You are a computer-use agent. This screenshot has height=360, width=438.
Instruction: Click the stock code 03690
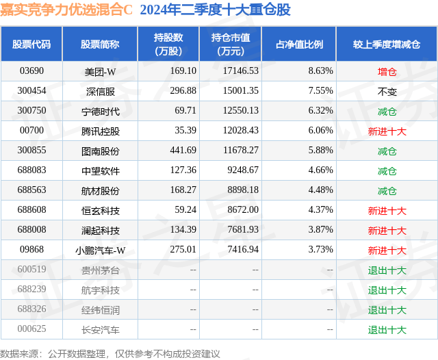coord(31,70)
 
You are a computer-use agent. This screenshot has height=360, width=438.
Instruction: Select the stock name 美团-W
coord(100,70)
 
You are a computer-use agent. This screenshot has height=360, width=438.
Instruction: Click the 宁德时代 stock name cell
coord(100,110)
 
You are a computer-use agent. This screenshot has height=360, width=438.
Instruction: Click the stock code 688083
coord(31,170)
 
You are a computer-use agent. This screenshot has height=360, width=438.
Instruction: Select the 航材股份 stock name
coord(100,190)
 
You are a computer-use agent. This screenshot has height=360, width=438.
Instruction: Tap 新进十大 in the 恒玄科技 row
coord(387,210)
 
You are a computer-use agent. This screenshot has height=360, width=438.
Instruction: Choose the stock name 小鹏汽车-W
coord(100,250)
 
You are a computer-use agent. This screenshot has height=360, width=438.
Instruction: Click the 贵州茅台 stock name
coord(100,270)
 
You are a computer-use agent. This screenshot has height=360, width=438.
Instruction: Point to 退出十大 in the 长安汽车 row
coord(387,330)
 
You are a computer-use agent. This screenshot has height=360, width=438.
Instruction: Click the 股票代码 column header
coord(31,44)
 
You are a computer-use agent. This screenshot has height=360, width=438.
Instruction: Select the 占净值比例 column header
coord(299,44)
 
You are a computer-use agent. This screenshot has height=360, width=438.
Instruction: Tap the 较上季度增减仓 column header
coord(387,44)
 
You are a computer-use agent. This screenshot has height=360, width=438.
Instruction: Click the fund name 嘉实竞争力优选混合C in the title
coord(66,10)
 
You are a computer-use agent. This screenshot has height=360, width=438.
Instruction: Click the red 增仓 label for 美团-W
coord(387,70)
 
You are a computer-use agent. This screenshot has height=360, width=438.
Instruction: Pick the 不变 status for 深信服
coord(387,90)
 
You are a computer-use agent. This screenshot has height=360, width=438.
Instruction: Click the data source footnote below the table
coord(110,353)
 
